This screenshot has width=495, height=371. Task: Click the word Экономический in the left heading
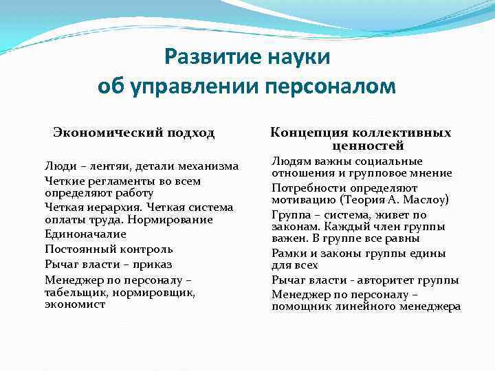click(100, 133)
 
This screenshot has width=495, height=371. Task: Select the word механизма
click(209, 166)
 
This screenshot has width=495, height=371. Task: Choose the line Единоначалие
click(81, 235)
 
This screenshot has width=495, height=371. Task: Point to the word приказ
click(154, 265)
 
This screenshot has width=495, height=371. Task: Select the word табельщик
click(74, 292)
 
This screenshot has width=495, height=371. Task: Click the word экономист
click(75, 304)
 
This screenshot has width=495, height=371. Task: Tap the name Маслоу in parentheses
click(423, 201)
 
